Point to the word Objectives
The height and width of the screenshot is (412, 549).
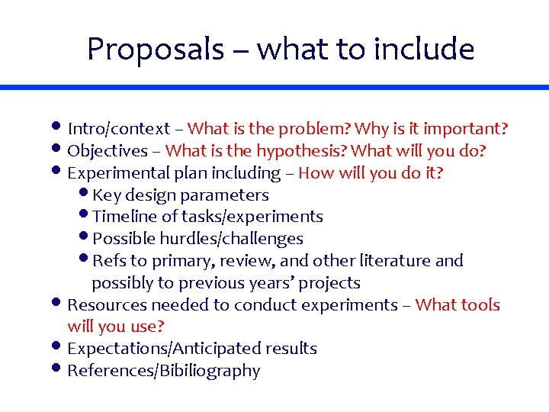(108, 151)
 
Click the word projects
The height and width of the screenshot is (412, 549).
(329, 283)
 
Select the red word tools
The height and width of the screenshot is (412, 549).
(480, 305)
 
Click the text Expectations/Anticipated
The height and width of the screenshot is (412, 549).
(164, 349)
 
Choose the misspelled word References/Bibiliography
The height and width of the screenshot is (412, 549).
(163, 371)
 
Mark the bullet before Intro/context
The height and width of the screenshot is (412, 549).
(59, 127)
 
